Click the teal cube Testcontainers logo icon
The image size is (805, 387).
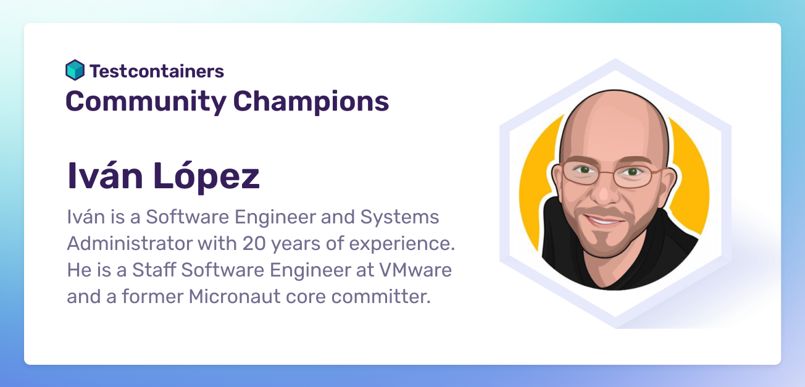(75, 70)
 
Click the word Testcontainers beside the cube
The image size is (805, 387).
(157, 71)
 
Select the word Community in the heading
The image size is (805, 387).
(146, 102)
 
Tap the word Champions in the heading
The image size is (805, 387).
(311, 102)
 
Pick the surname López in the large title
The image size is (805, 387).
(206, 177)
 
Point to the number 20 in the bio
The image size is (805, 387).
(254, 244)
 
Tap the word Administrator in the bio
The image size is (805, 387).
(130, 243)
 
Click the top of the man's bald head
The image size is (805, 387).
(614, 95)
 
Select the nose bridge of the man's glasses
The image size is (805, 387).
(607, 174)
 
